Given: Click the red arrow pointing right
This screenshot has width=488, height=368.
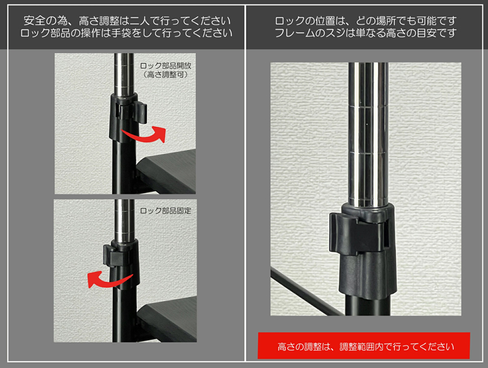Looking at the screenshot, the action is (146, 136).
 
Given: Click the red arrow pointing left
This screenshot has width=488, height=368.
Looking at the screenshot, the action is (108, 281).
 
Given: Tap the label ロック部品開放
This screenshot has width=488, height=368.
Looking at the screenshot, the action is (166, 66).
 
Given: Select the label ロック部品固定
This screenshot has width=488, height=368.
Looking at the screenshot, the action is (166, 211).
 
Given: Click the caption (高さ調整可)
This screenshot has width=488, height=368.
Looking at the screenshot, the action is (166, 75).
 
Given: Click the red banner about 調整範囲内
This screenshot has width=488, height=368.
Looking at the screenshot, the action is (364, 346).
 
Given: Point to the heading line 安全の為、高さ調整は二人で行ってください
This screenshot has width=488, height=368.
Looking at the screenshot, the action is (127, 21).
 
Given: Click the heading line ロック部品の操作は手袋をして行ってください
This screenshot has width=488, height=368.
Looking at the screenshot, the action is (126, 33).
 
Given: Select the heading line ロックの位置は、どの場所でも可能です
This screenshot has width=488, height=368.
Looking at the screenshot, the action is (366, 21).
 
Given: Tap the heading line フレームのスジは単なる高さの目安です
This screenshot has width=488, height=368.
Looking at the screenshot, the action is (366, 33).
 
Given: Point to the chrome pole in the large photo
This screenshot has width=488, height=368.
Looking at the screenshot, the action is (368, 134).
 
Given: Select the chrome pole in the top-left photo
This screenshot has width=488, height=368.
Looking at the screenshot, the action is (124, 74).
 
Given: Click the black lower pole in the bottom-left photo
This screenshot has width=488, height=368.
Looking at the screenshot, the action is (124, 314).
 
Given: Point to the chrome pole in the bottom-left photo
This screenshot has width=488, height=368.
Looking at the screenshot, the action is (124, 220).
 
